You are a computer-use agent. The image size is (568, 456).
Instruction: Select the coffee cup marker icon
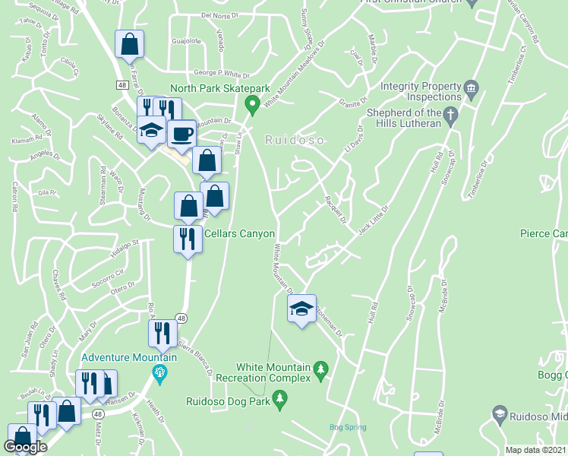coord(181,135)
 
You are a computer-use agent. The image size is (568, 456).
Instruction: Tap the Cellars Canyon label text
coord(238,234)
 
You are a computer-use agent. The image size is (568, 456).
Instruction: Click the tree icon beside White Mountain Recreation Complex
coord(320,369)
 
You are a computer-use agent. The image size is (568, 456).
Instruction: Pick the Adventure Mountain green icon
coord(159,372)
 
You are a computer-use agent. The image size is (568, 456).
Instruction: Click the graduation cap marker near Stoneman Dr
coord(301,309)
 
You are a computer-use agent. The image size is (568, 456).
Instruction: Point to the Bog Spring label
coord(346,427)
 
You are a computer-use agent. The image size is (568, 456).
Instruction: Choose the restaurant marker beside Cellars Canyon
coord(188,239)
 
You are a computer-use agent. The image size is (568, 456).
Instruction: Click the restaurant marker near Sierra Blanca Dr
coord(163,333)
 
